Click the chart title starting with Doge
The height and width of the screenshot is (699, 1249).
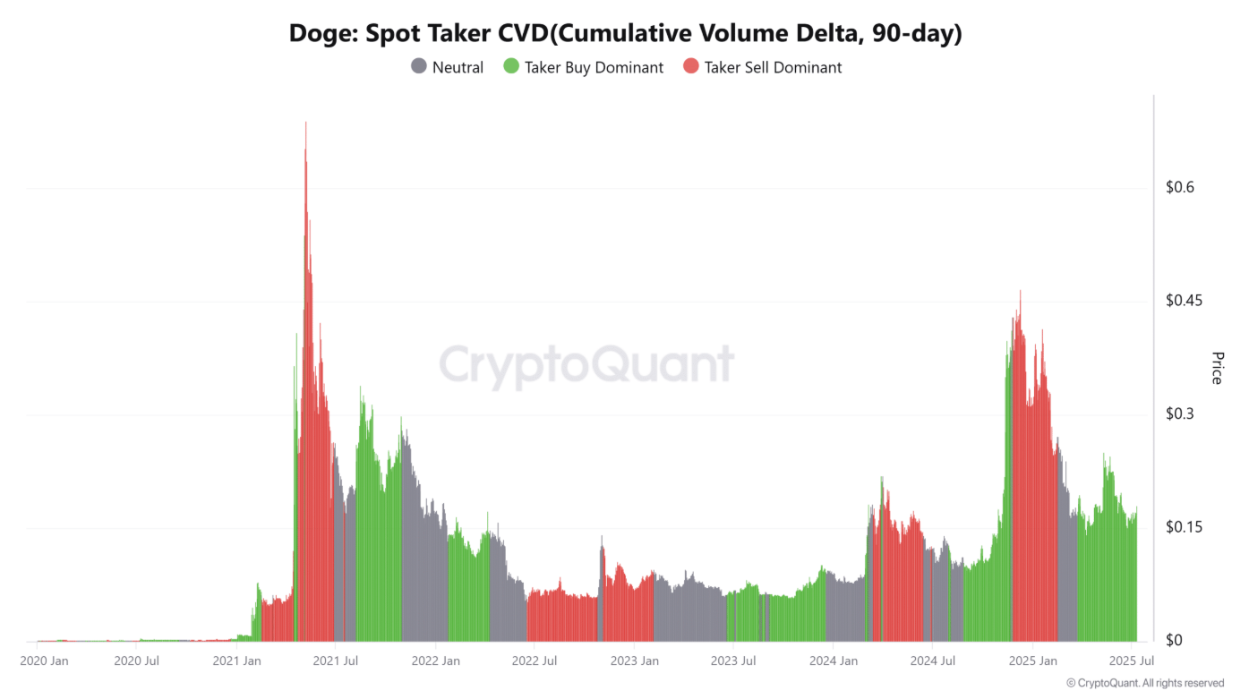pyautogui.click(x=625, y=33)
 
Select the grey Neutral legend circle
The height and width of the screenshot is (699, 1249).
pyautogui.click(x=418, y=66)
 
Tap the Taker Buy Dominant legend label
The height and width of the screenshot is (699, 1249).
pyautogui.click(x=594, y=67)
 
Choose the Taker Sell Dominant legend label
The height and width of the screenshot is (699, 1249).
pyautogui.click(x=773, y=67)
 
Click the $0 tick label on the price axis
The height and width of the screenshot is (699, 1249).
pyautogui.click(x=1175, y=641)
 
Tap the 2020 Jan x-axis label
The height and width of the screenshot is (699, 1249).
pyautogui.click(x=44, y=661)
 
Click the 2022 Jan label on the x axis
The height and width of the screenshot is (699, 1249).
pyautogui.click(x=436, y=661)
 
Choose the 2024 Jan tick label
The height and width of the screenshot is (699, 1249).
pyautogui.click(x=834, y=661)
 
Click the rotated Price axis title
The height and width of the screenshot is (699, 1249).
pyautogui.click(x=1216, y=368)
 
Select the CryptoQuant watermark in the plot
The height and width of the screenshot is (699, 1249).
pyautogui.click(x=586, y=364)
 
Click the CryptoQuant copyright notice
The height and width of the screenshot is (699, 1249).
pyautogui.click(x=1145, y=683)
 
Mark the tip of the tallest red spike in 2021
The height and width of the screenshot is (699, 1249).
pyautogui.click(x=306, y=123)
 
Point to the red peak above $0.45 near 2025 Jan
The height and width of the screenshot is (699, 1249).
pyautogui.click(x=1020, y=292)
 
